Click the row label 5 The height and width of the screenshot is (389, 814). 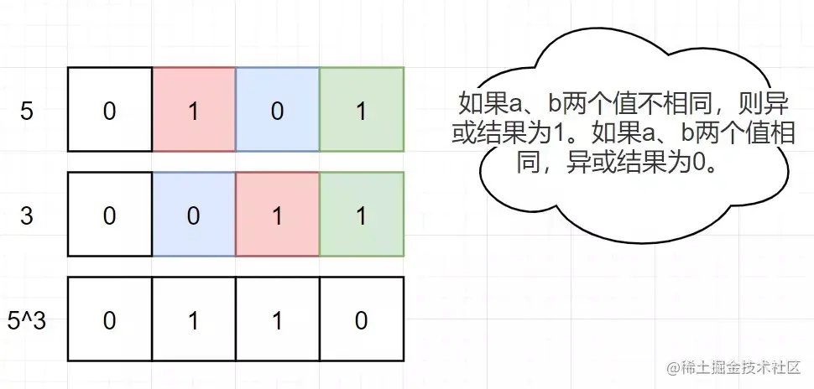click(x=26, y=112)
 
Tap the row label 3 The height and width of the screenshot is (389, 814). click(x=26, y=215)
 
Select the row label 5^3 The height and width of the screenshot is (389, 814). click(x=26, y=320)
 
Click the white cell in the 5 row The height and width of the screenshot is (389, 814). click(x=109, y=109)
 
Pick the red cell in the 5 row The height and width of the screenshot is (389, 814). click(x=193, y=109)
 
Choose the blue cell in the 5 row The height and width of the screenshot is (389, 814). click(x=277, y=109)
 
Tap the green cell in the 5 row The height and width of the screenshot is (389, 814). click(x=362, y=109)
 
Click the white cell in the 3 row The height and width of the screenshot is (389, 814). click(x=109, y=215)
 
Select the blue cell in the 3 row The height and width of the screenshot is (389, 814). click(x=193, y=215)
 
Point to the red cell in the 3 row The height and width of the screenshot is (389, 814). click(x=277, y=215)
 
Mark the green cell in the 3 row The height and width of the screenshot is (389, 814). click(x=362, y=215)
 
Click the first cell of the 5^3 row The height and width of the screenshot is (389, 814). click(x=109, y=320)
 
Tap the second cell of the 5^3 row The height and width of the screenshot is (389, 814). click(x=193, y=320)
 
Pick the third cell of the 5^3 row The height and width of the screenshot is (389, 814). click(x=277, y=320)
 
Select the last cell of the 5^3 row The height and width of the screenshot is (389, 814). click(x=362, y=320)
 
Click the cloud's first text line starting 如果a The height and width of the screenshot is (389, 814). click(x=625, y=104)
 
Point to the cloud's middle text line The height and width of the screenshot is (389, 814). click(x=625, y=132)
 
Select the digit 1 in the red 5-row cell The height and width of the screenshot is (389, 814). click(x=193, y=112)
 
